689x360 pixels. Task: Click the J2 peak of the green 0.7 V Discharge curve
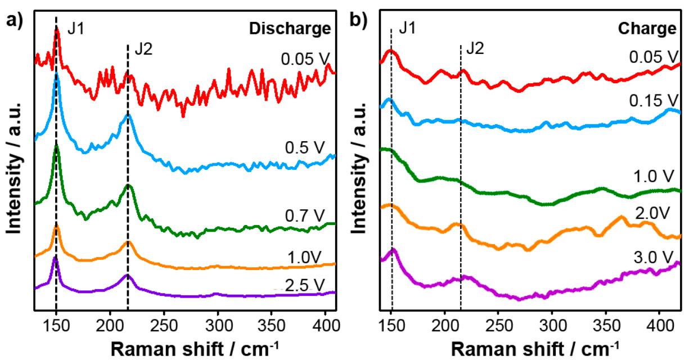(128, 185)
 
